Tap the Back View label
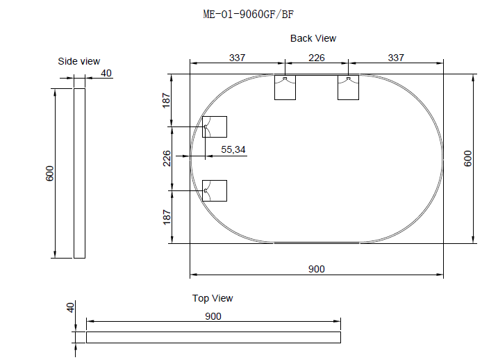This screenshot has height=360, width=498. (313, 38)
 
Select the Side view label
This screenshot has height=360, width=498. (78, 61)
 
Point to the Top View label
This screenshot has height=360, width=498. (213, 298)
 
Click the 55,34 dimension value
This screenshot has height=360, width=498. (233, 149)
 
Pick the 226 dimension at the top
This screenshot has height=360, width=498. (317, 58)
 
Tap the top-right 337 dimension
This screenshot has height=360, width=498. (396, 58)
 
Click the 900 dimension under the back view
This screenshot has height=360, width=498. (317, 269)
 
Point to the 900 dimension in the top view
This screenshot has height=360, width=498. (213, 316)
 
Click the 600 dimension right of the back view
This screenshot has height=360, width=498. (468, 158)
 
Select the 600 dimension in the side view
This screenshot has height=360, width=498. (50, 173)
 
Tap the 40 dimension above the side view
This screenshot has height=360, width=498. (106, 72)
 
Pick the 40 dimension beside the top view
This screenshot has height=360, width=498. (69, 307)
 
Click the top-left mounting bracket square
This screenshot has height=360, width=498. (285, 87)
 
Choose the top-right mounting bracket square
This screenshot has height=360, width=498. (348, 87)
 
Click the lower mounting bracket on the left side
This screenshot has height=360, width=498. (215, 190)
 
